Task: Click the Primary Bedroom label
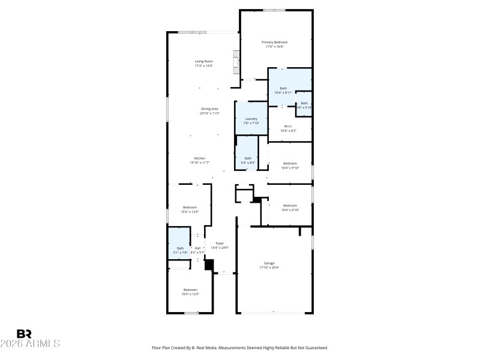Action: coord(275,42)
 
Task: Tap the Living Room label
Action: coord(204,61)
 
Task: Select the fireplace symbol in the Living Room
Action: coord(236,61)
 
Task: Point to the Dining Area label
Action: coord(209,109)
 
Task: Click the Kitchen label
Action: coord(199,158)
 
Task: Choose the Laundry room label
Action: coord(251,119)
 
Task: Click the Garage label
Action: coord(269,263)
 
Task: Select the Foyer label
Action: coord(220,243)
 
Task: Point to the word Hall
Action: coord(197,248)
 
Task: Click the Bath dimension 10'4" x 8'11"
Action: coord(283,93)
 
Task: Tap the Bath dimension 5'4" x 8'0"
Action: coord(248,163)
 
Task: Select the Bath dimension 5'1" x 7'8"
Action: coord(180,253)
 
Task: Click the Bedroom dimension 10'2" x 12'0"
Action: coord(190,212)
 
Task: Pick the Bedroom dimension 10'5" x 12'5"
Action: coord(190,294)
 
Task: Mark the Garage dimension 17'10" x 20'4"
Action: coord(269,268)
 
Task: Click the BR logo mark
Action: coord(24,334)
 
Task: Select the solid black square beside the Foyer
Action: coord(209,265)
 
